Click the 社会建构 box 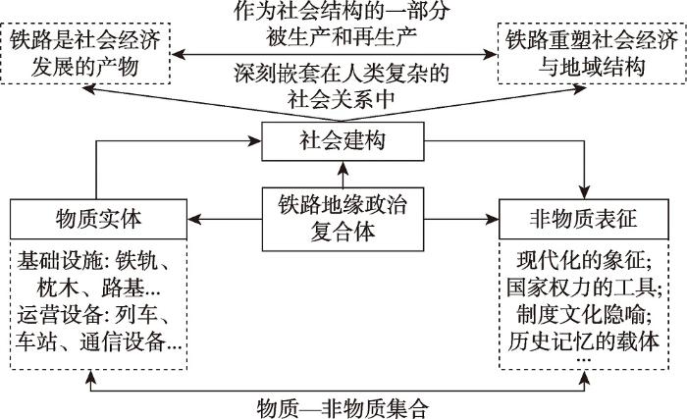click(343, 144)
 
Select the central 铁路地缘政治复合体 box click(343, 216)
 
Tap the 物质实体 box click(96, 216)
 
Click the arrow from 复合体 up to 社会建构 click(343, 175)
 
